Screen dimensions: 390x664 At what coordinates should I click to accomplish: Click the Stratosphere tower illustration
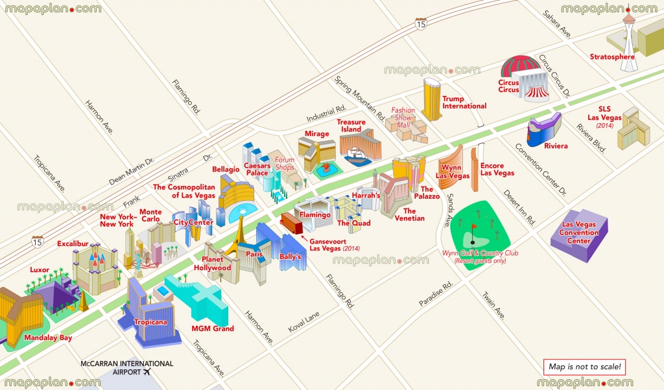pos(628,36)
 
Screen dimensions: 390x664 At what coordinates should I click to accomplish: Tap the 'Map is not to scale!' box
pos(585,367)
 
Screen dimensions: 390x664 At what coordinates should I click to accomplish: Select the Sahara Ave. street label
pos(556,24)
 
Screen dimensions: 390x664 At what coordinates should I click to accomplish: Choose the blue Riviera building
pos(542,132)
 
